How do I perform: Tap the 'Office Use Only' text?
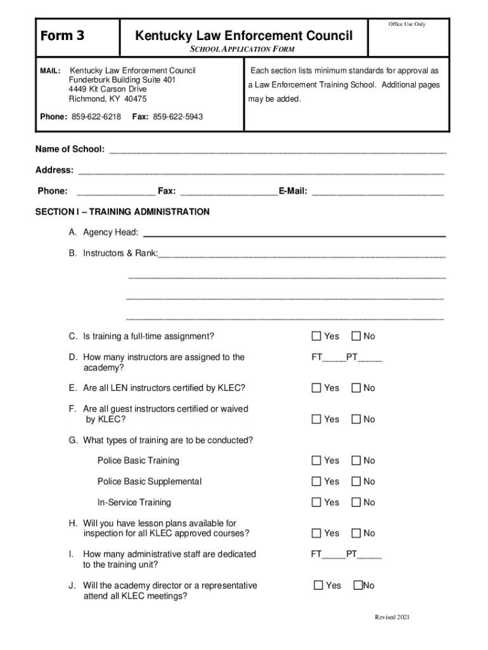click(406, 24)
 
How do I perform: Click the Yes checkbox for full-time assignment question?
click(316, 336)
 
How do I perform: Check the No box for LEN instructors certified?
click(356, 388)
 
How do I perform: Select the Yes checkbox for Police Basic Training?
click(316, 460)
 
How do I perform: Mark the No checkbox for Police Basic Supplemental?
click(356, 481)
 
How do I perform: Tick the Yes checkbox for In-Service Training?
click(316, 502)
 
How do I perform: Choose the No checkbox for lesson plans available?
click(356, 533)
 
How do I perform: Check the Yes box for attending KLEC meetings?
click(318, 585)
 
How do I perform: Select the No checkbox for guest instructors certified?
click(356, 419)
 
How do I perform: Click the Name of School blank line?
click(278, 150)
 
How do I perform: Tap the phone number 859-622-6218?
click(96, 117)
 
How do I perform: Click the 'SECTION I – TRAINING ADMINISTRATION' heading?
click(122, 211)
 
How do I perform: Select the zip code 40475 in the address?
click(134, 99)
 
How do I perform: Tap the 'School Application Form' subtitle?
click(243, 49)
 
